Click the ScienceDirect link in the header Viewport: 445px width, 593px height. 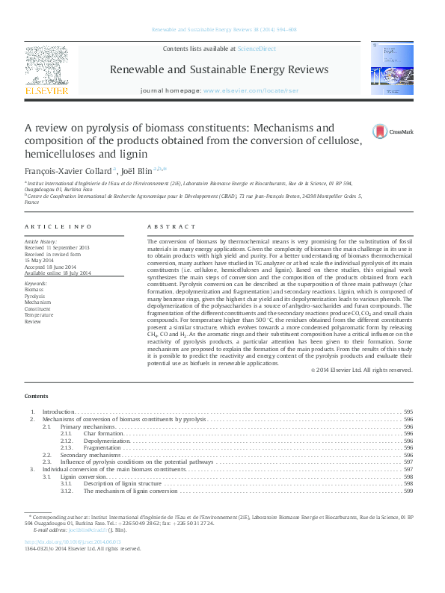(257, 49)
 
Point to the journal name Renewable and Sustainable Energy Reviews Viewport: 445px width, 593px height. (219, 69)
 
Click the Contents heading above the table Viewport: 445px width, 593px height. (36, 396)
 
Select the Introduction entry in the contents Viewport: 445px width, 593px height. (58, 412)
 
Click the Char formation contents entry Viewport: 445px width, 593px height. (104, 433)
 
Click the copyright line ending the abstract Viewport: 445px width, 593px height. (360, 370)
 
